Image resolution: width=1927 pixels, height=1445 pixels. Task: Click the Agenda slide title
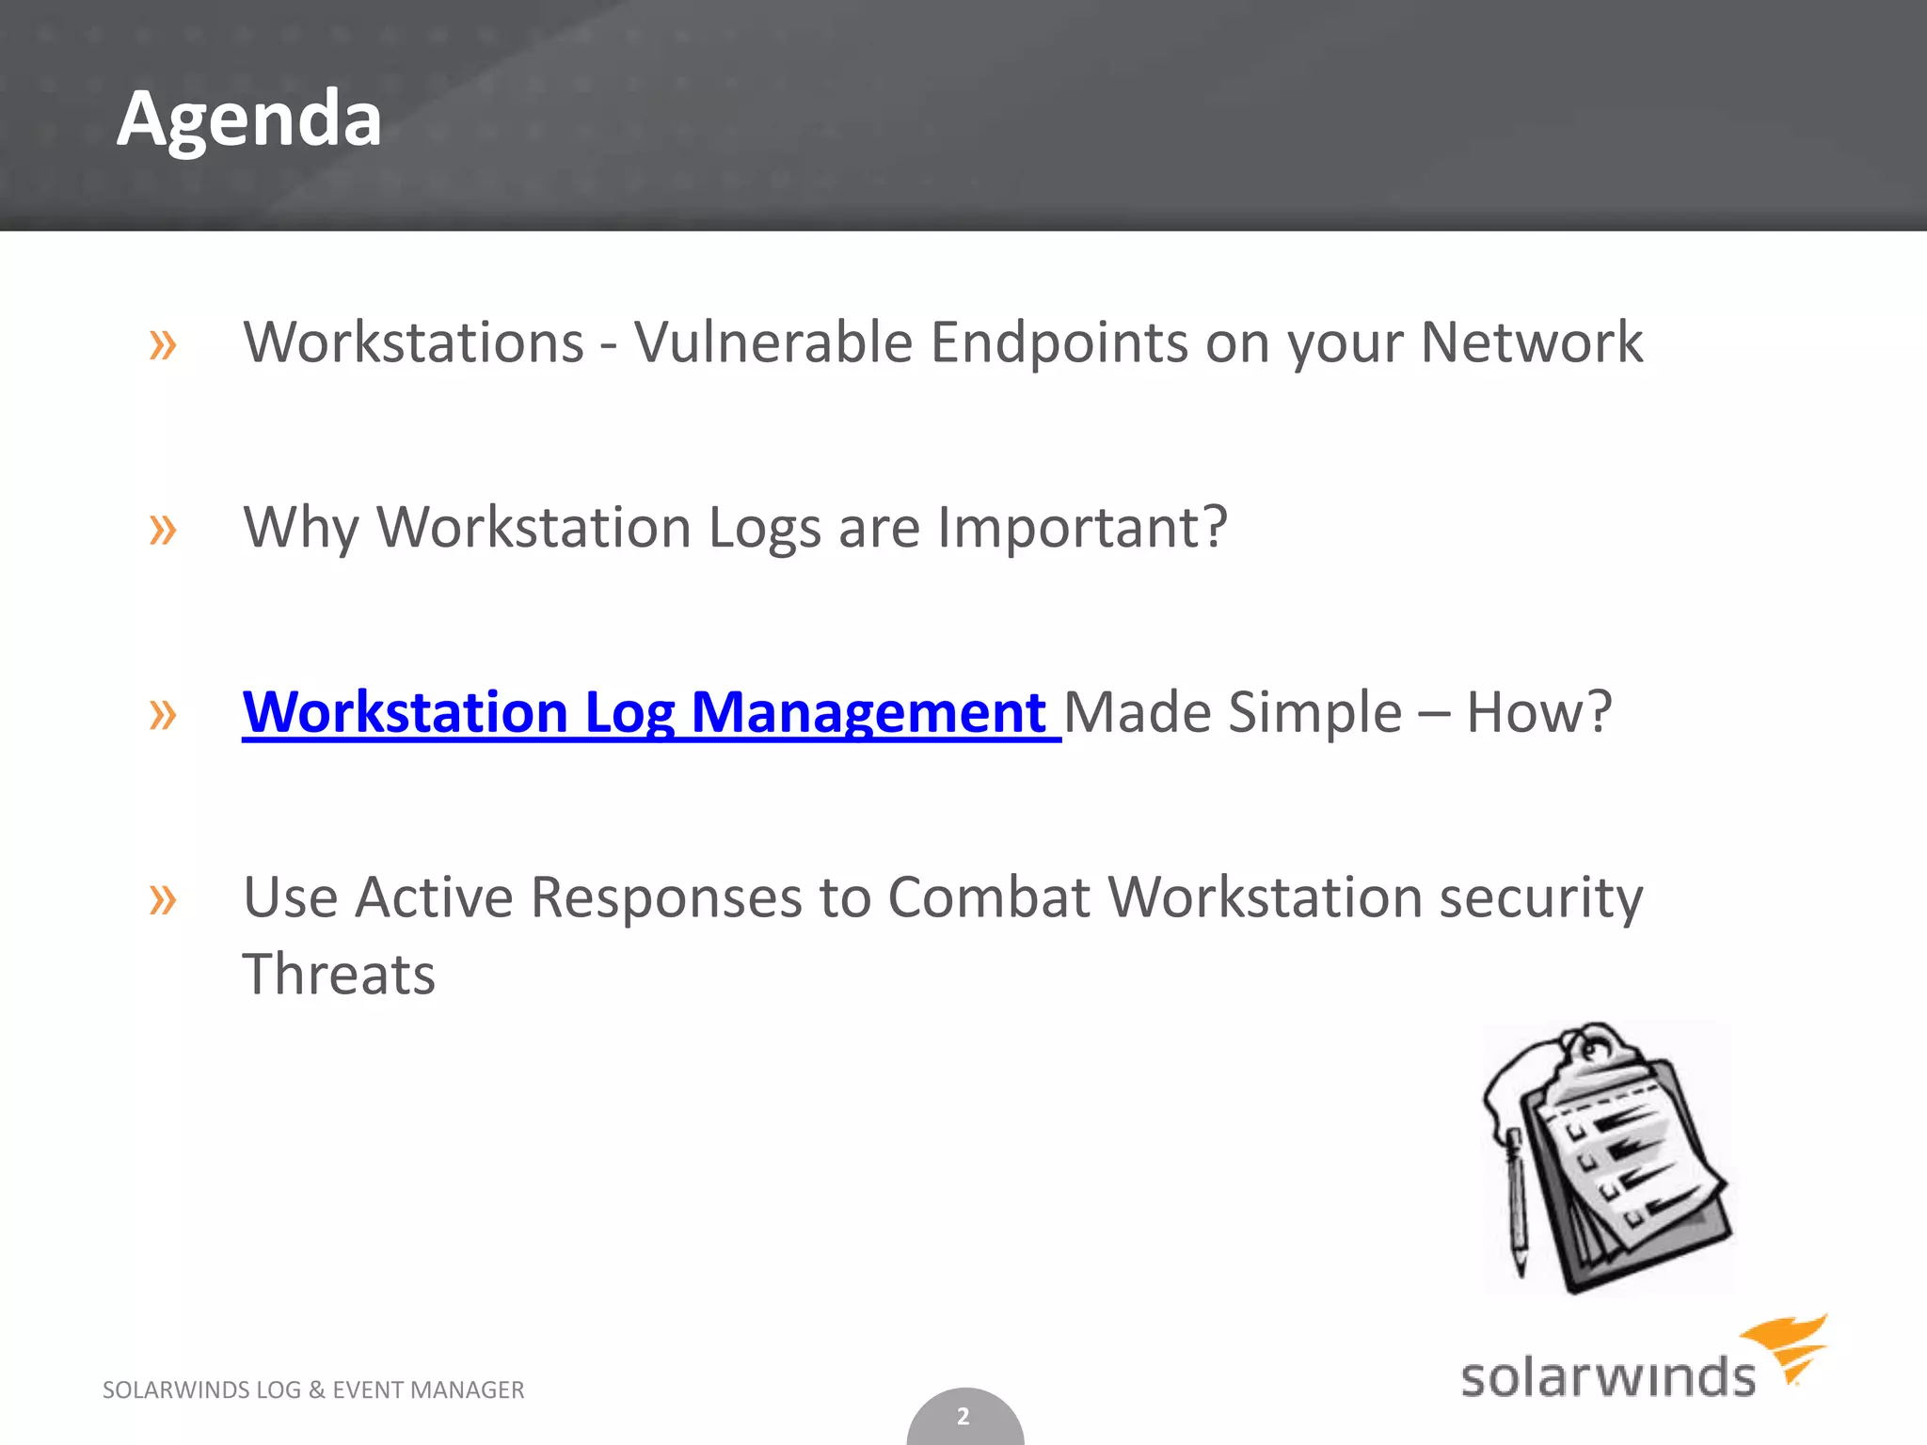coord(249,119)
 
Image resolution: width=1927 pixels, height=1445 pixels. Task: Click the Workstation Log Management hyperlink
coord(645,712)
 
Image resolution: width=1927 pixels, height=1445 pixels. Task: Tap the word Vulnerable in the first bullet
coord(772,341)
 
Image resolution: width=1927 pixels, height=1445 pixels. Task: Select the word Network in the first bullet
coord(1531,341)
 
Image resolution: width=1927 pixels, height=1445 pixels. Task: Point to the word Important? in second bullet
coord(1082,527)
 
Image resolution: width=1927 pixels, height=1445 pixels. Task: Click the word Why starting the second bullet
coord(301,527)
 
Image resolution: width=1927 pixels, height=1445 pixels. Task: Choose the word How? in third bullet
coord(1538,712)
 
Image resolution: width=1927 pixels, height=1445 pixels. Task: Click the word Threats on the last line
coord(339,974)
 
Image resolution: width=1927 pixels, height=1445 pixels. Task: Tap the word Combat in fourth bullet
coord(988,897)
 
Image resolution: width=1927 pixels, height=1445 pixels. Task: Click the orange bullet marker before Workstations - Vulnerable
coord(163,345)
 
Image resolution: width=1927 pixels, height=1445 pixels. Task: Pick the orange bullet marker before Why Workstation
coord(163,531)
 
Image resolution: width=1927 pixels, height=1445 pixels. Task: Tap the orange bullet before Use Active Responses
coord(163,900)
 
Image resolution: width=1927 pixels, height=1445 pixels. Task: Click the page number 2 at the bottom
coord(963,1416)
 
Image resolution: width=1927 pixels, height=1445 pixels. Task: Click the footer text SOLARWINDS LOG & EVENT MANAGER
coord(313,1389)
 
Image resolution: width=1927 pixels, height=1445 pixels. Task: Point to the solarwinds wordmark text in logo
coord(1607,1376)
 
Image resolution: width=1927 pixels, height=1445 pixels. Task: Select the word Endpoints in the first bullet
coord(1059,341)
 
